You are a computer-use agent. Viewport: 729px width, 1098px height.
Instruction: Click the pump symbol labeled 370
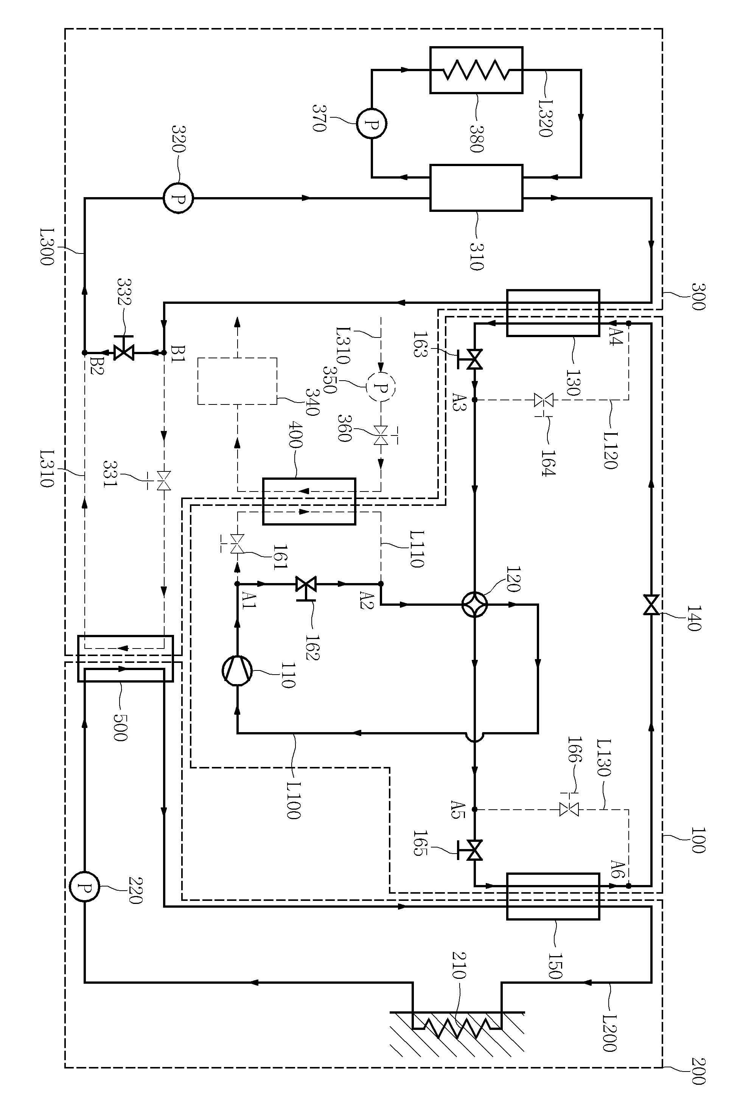(x=371, y=124)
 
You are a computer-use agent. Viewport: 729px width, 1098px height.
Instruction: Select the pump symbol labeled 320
(x=178, y=198)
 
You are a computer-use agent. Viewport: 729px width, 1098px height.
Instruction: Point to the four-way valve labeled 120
(x=475, y=605)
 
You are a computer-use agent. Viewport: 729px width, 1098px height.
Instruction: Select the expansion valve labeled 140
(x=651, y=604)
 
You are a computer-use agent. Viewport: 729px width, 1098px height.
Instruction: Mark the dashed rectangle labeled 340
(x=237, y=381)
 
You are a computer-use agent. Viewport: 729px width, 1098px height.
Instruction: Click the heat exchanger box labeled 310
(x=476, y=188)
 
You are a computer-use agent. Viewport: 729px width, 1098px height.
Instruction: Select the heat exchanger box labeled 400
(x=309, y=501)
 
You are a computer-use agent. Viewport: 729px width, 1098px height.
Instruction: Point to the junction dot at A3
(x=475, y=399)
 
